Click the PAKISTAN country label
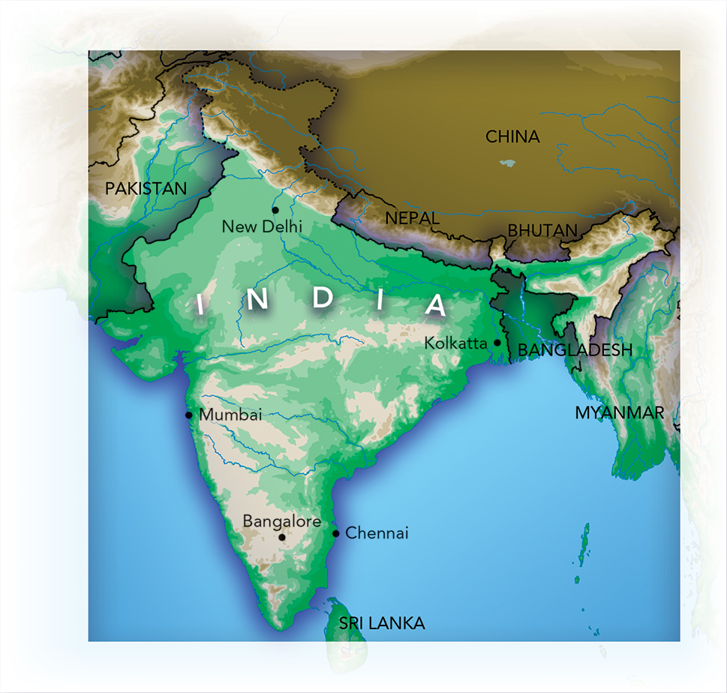[146, 188]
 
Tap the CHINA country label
[512, 136]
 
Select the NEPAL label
[412, 217]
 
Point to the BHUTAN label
[542, 230]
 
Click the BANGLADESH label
[575, 349]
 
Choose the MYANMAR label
[619, 412]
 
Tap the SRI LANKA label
[382, 623]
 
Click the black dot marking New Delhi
[275, 210]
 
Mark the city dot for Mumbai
[189, 415]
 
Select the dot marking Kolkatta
[497, 343]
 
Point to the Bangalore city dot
[282, 537]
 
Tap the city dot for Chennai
[336, 534]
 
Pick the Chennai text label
[377, 533]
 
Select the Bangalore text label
[282, 521]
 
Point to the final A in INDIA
[434, 305]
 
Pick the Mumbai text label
[230, 415]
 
